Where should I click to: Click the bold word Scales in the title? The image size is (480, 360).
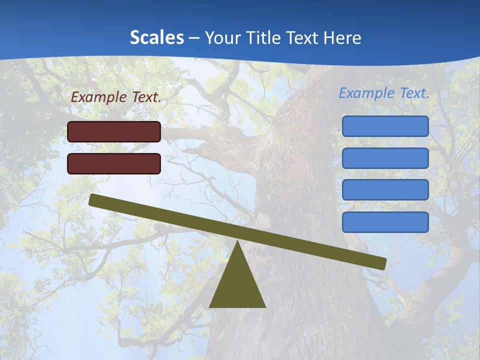[156, 38]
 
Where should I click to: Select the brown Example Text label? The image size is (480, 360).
[116, 97]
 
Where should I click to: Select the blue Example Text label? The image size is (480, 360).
[384, 93]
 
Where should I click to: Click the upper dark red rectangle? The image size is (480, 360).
[114, 131]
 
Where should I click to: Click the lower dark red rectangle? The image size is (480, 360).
[114, 163]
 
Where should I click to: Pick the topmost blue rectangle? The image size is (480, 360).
[385, 126]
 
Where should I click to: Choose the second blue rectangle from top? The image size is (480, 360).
[385, 158]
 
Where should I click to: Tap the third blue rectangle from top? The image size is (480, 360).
[385, 190]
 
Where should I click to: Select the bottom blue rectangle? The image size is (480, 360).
[385, 222]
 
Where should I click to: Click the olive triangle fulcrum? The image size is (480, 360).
[237, 285]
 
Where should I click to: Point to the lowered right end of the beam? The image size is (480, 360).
[382, 263]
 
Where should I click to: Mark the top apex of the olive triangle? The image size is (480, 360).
[237, 241]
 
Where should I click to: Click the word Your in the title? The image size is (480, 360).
[223, 38]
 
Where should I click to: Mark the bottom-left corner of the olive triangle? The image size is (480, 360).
[209, 307]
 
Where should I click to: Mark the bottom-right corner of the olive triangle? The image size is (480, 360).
[265, 307]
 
